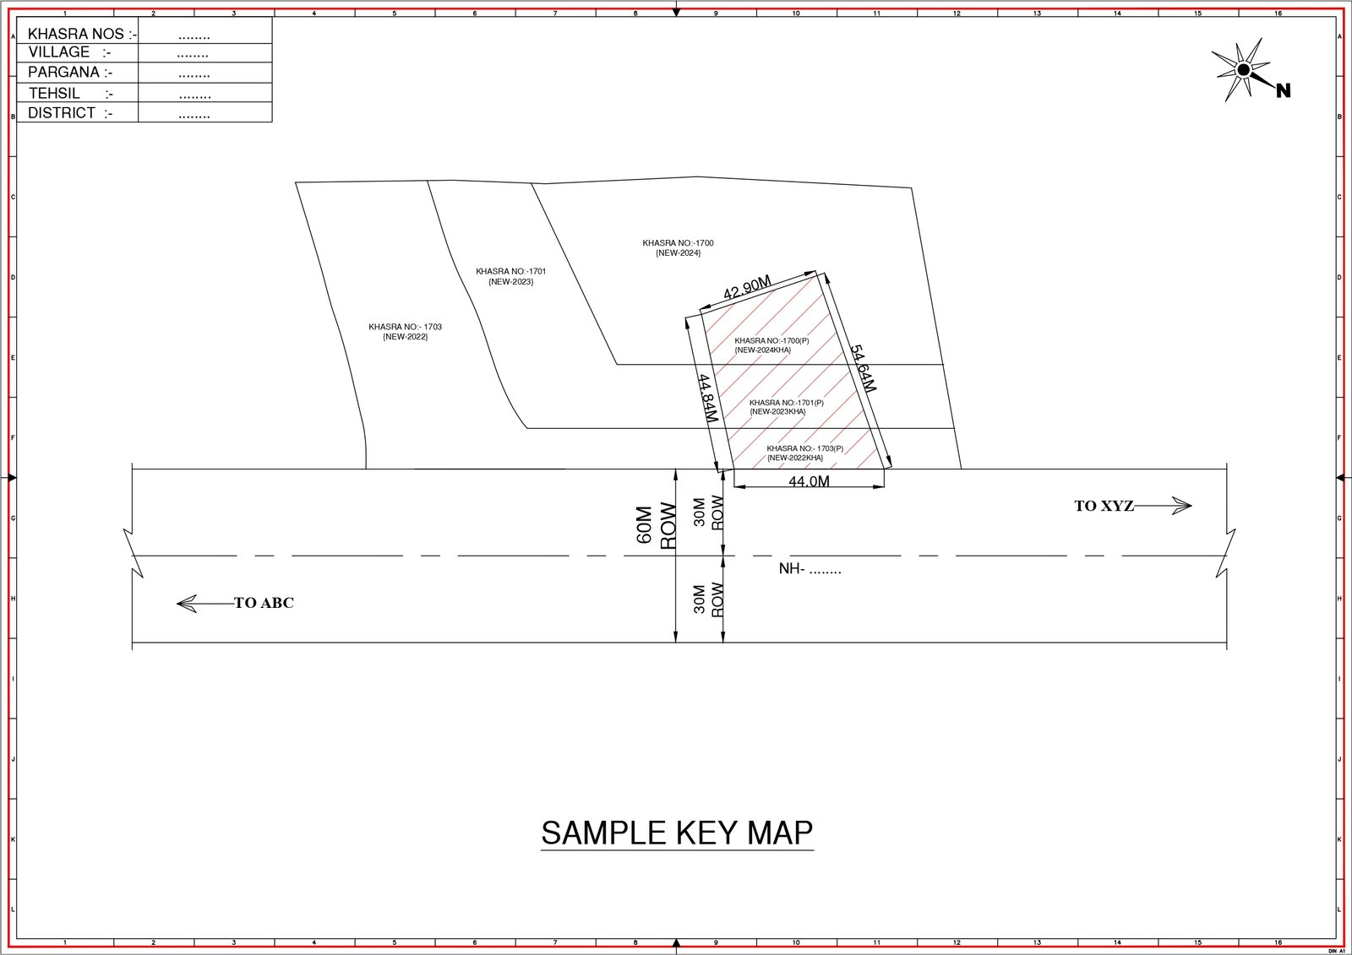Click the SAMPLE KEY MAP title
(x=677, y=833)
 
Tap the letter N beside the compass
(x=1284, y=90)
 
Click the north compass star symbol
(x=1243, y=70)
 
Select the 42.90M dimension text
(x=747, y=287)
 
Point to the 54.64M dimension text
(x=863, y=369)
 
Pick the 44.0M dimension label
(x=809, y=481)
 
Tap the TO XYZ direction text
(x=1104, y=506)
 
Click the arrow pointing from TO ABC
(x=205, y=603)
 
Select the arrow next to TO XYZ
(x=1163, y=506)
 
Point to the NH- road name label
(x=810, y=569)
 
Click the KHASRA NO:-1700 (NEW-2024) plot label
(x=678, y=248)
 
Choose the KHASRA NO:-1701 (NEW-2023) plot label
(x=510, y=276)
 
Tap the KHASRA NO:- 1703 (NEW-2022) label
(x=405, y=332)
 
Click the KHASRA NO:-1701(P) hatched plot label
(x=786, y=407)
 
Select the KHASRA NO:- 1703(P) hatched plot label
(x=804, y=453)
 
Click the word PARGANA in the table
(x=63, y=73)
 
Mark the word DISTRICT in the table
(x=62, y=113)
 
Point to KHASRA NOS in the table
(x=76, y=34)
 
